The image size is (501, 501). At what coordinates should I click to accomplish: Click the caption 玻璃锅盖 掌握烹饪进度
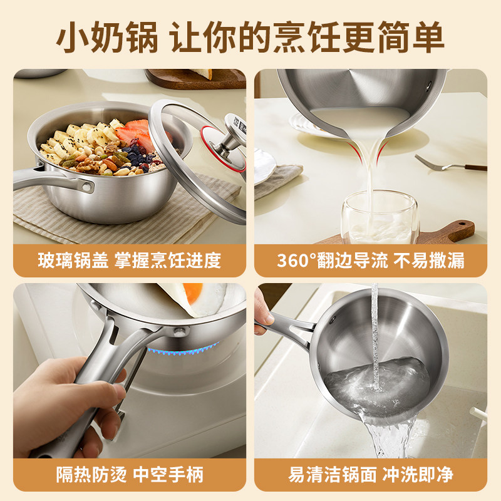coord(130,260)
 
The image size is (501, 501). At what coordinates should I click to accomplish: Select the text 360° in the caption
coord(298,260)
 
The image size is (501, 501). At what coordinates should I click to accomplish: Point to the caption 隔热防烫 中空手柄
coord(130,474)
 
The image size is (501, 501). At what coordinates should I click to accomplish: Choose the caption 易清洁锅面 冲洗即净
coord(371,474)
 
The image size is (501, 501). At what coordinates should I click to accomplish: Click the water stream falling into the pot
coord(375,332)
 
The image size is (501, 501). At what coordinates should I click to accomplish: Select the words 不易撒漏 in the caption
coord(429,260)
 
